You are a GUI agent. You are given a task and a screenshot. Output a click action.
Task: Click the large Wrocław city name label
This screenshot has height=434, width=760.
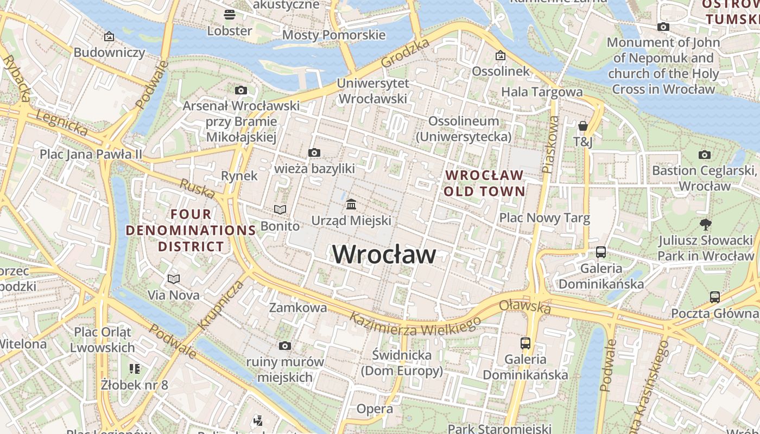click(384, 254)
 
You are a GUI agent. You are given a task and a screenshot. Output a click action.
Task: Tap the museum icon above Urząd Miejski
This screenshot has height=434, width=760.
click(351, 205)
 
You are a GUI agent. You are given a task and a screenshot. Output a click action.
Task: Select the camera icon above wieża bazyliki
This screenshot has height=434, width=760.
click(314, 153)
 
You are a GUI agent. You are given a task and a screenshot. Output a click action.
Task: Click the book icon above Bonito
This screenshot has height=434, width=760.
click(280, 209)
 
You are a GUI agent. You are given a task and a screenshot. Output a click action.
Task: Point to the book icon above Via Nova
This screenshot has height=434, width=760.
click(174, 279)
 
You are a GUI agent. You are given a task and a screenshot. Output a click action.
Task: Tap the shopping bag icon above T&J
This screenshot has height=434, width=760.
click(583, 126)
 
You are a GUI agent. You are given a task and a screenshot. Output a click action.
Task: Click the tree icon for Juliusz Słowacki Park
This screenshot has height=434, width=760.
click(705, 224)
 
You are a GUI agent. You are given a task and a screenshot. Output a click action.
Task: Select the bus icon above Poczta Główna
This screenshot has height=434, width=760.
click(715, 297)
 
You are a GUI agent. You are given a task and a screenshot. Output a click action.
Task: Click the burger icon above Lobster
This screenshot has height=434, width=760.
click(230, 14)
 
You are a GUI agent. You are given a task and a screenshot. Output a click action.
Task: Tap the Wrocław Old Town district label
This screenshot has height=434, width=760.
click(484, 183)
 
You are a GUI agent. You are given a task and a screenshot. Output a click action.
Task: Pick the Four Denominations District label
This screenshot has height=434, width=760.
click(191, 230)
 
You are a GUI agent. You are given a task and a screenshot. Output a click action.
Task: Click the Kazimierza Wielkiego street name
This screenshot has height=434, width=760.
click(415, 323)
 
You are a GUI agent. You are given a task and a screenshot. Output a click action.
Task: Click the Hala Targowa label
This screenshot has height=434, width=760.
click(541, 92)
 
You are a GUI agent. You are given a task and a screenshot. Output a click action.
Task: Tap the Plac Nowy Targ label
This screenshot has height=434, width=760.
click(544, 218)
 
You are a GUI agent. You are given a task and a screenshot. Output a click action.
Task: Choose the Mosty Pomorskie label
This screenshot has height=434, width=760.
click(334, 35)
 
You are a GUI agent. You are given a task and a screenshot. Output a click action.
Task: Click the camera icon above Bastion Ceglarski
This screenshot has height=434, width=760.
click(705, 155)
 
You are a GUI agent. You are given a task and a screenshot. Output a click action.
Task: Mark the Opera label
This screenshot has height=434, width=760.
click(375, 409)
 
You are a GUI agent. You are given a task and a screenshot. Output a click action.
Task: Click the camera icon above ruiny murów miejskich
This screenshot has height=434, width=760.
click(285, 346)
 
